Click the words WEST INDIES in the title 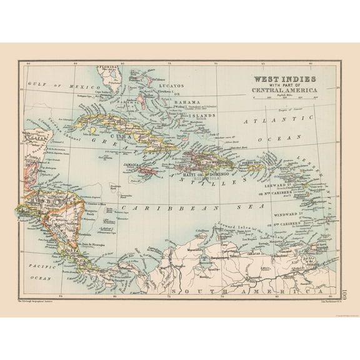coord(283,79)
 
